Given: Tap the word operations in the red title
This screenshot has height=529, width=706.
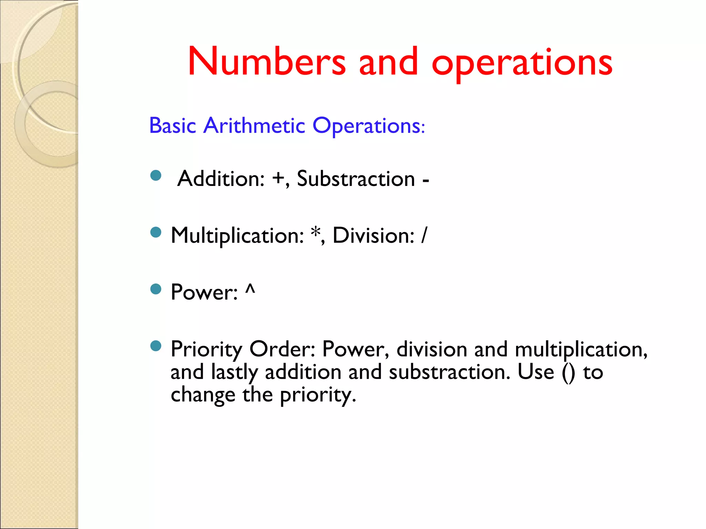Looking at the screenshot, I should tap(522, 64).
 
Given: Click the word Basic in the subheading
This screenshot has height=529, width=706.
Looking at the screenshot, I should tap(172, 125).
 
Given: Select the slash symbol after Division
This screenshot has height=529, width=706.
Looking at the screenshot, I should tap(424, 236).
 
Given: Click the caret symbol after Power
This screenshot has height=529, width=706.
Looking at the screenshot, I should tap(250, 289).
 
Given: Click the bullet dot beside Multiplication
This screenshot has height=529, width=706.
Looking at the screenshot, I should tap(156, 232).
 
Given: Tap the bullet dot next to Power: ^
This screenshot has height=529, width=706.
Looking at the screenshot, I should tap(156, 289).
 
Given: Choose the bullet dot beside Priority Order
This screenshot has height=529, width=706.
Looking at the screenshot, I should tap(156, 346).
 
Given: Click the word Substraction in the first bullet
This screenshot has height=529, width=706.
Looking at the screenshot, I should tap(356, 179).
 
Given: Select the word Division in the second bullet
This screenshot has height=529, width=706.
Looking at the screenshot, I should tap(373, 236).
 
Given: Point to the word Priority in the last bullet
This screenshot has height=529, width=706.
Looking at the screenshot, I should tap(206, 350).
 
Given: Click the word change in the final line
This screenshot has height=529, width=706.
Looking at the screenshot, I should tap(203, 395).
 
